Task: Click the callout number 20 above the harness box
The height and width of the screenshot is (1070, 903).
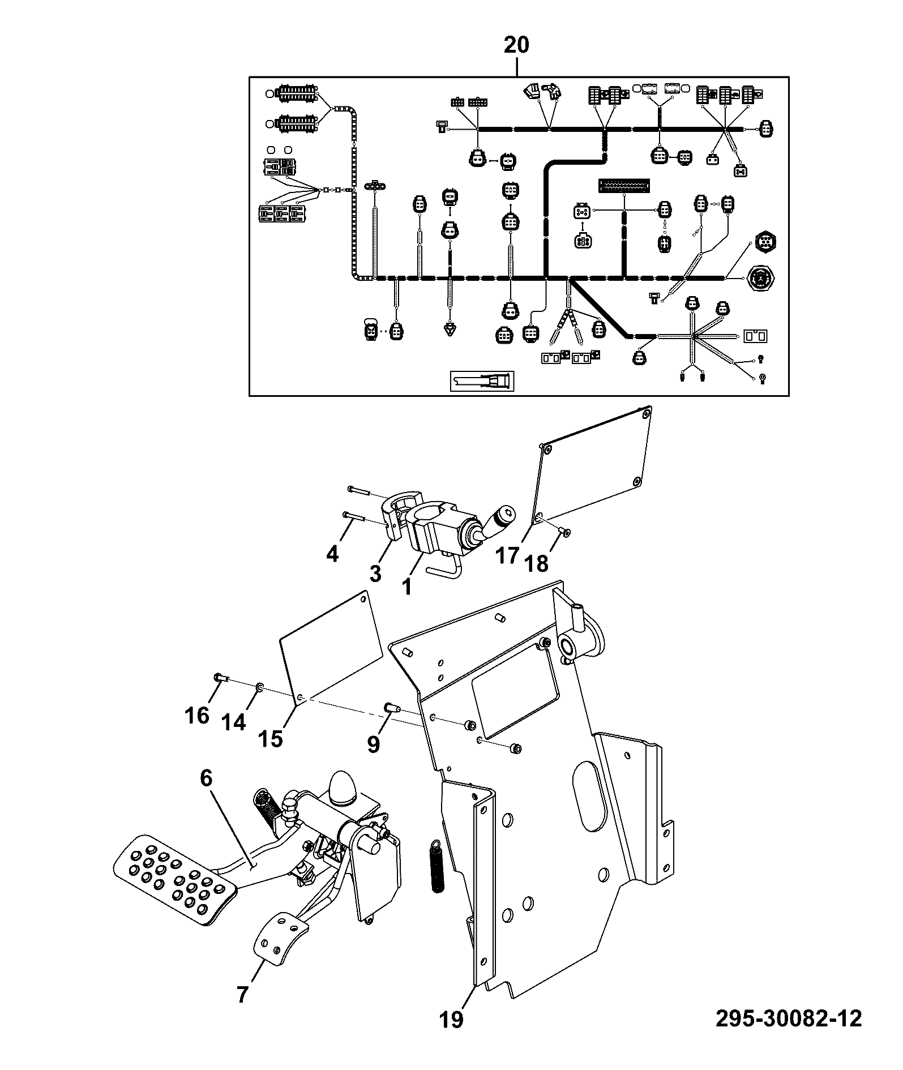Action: click(x=516, y=45)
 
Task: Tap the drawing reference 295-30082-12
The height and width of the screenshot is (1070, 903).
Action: click(x=789, y=1018)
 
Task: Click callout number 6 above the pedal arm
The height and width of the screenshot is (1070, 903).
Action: click(x=206, y=778)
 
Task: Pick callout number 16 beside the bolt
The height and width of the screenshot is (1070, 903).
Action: click(x=197, y=716)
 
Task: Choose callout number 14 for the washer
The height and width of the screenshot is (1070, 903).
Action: click(x=233, y=722)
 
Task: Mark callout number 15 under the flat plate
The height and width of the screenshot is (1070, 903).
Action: click(x=270, y=738)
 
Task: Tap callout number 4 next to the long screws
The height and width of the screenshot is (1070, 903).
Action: click(x=332, y=553)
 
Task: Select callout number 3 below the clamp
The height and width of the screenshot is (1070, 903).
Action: click(x=375, y=573)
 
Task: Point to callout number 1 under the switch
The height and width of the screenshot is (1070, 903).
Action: click(x=406, y=587)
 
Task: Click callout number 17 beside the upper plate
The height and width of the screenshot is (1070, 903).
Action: click(x=507, y=555)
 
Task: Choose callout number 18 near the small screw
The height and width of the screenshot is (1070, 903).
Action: click(x=537, y=563)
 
